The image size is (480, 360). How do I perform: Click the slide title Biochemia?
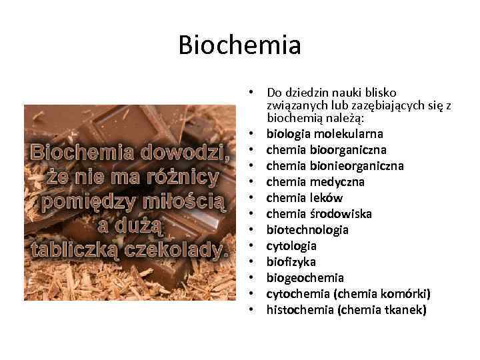click(x=240, y=45)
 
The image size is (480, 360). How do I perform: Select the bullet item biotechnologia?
click(x=307, y=230)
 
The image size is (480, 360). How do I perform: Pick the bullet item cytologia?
click(x=291, y=246)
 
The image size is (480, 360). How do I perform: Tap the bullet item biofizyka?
click(x=291, y=262)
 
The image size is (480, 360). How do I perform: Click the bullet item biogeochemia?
click(x=305, y=278)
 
